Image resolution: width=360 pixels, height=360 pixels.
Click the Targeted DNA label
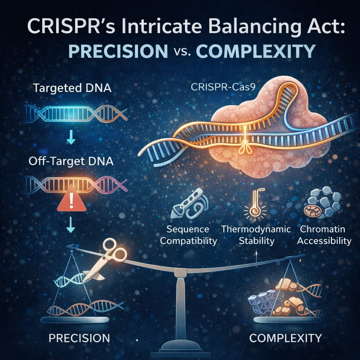pyautogui.click(x=72, y=88)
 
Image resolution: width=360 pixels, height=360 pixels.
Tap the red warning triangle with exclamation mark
pyautogui.click(x=72, y=202)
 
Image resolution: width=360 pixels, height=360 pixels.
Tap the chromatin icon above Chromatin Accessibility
pyautogui.click(x=323, y=202)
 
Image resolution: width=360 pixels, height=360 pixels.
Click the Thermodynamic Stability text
pyautogui.click(x=256, y=235)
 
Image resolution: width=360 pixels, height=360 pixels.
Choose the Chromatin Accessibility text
pyautogui.click(x=325, y=235)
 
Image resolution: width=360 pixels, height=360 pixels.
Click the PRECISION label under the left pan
pyautogui.click(x=79, y=338)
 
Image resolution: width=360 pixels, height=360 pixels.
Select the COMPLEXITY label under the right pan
pyautogui.click(x=285, y=338)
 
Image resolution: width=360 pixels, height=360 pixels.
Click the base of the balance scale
pyautogui.click(x=181, y=346)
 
